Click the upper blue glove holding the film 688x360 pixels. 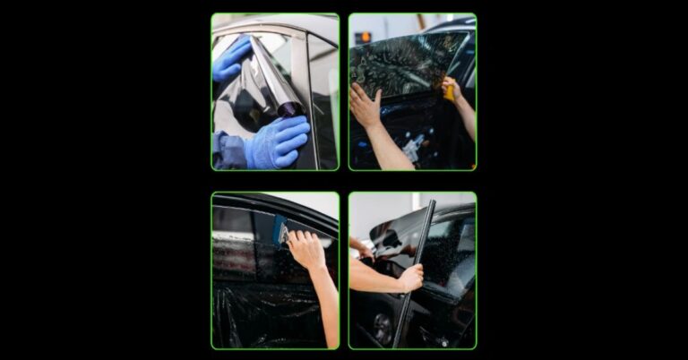point(230,59)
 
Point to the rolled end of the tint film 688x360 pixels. point(289,108)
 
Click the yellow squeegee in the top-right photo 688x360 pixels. point(449,90)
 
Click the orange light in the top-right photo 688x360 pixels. point(364,37)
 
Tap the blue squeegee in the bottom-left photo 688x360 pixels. point(279,229)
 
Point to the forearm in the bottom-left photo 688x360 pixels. point(328,304)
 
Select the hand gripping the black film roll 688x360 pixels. point(411,279)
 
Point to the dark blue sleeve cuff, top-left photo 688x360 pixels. point(229,150)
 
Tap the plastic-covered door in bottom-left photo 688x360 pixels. point(260,313)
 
